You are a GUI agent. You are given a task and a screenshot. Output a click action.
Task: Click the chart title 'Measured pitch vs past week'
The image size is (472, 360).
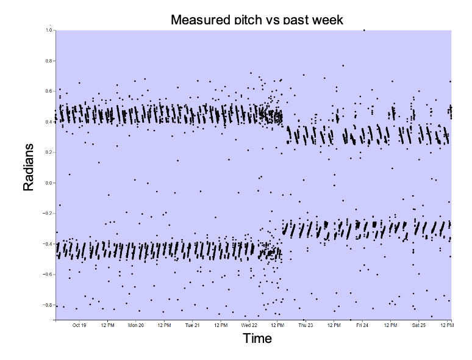(257, 20)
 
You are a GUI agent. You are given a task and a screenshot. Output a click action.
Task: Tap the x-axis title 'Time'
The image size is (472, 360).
(257, 339)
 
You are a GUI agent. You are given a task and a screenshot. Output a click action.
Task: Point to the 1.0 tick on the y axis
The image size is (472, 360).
(49, 30)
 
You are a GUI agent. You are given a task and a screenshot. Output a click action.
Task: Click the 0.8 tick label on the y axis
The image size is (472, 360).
(49, 61)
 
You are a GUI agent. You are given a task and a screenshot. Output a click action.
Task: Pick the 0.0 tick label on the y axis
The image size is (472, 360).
(49, 182)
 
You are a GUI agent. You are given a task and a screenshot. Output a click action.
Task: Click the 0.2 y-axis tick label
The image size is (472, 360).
(49, 152)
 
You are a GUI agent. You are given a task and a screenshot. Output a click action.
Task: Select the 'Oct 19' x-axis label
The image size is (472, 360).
(79, 326)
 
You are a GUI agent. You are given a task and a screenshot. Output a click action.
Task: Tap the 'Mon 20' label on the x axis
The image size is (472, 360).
(135, 326)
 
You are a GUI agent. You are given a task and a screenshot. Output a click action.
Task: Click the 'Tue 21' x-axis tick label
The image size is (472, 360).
(192, 326)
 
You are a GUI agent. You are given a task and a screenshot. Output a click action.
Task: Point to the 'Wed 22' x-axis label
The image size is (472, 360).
(249, 326)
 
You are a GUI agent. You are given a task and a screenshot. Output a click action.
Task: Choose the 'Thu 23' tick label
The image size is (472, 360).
(306, 326)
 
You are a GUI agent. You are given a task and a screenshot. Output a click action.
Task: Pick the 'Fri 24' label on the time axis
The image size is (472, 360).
(362, 326)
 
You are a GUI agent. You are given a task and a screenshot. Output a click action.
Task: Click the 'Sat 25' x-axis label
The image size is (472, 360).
(418, 326)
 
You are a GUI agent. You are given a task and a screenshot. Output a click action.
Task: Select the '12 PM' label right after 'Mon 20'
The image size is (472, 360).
(164, 326)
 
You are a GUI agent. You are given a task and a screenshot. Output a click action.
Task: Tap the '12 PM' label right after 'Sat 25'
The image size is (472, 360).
(446, 326)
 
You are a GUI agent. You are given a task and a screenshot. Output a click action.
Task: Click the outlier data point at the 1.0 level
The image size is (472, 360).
(364, 30)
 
